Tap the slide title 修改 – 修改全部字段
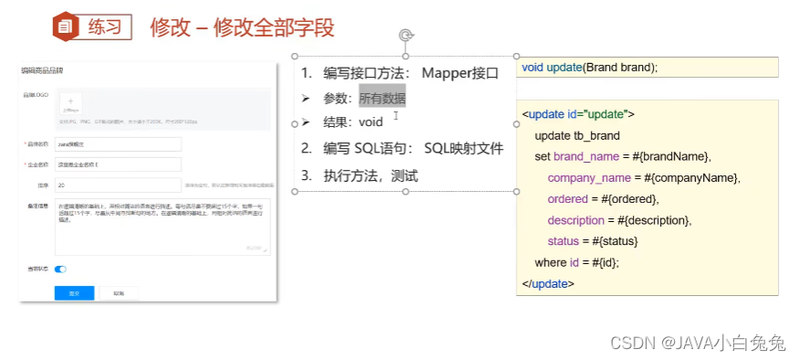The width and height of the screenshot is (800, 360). pyautogui.click(x=242, y=27)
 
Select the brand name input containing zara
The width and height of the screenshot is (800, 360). pyautogui.click(x=117, y=144)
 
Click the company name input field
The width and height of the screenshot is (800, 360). pyautogui.click(x=117, y=164)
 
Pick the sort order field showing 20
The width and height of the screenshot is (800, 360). pyautogui.click(x=117, y=185)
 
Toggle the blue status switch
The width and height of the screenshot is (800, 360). pyautogui.click(x=61, y=270)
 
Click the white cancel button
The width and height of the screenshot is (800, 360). pyautogui.click(x=119, y=293)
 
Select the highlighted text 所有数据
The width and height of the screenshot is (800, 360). pyautogui.click(x=382, y=98)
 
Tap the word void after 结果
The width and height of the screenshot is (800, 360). pyautogui.click(x=372, y=122)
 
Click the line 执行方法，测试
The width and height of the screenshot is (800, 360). pyautogui.click(x=372, y=175)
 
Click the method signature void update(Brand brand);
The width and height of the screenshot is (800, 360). pyautogui.click(x=590, y=68)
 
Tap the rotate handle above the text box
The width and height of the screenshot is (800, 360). pyautogui.click(x=405, y=36)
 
